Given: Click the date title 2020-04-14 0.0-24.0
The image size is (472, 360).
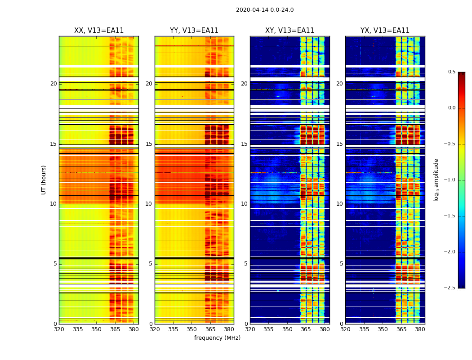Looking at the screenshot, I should [265, 10].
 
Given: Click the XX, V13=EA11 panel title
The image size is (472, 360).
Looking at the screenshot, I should [99, 31].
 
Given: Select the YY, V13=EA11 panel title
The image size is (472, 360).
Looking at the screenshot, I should [194, 31].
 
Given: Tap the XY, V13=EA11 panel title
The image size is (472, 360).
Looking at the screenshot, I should [289, 31].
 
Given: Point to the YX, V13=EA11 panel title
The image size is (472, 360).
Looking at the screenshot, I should [385, 31].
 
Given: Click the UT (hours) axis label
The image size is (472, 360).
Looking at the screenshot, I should [44, 180].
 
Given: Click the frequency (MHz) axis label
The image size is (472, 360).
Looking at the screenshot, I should [217, 338].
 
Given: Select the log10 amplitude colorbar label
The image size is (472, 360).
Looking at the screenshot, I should [436, 180].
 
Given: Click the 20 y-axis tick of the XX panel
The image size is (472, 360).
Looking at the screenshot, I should [53, 84].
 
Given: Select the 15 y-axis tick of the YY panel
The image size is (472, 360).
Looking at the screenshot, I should [149, 144].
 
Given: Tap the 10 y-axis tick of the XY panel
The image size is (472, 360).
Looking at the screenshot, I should [245, 204].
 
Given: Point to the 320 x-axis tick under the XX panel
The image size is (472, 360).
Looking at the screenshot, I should [59, 329].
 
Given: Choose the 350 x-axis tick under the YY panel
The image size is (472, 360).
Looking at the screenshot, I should [192, 329].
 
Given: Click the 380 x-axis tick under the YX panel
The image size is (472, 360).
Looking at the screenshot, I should [420, 329].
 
